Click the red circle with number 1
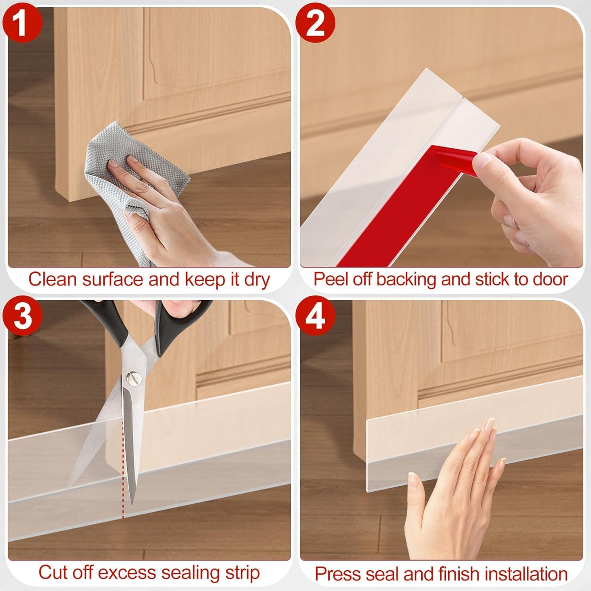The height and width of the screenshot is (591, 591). (22, 22)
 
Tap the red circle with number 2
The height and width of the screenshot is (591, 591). (315, 22)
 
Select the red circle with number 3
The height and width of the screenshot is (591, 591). (22, 316)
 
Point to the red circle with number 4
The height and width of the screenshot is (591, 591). (315, 316)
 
